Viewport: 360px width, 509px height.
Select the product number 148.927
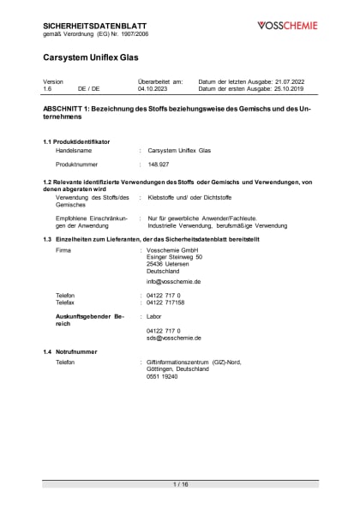click(159, 163)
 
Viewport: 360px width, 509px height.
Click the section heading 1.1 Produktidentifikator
click(76, 141)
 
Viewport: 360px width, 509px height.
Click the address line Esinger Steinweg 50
click(175, 256)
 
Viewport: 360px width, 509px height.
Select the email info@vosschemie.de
click(173, 281)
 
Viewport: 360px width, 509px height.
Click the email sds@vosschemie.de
click(173, 338)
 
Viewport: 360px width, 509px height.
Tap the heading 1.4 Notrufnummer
click(70, 353)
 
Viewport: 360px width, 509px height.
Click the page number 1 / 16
click(180, 484)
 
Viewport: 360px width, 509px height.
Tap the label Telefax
click(66, 302)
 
